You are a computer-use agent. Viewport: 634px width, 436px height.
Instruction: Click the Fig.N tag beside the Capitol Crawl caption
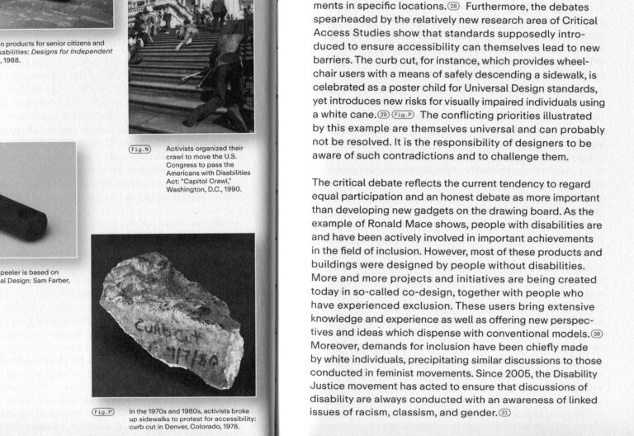[x=140, y=149]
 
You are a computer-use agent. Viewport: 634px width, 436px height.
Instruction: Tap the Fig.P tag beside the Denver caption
[x=102, y=410]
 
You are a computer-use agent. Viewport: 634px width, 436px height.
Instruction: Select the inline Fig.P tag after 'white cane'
[x=404, y=114]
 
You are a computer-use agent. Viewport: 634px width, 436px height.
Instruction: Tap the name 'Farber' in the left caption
[x=50, y=279]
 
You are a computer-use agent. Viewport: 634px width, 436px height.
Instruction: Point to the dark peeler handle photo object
[x=25, y=211]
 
